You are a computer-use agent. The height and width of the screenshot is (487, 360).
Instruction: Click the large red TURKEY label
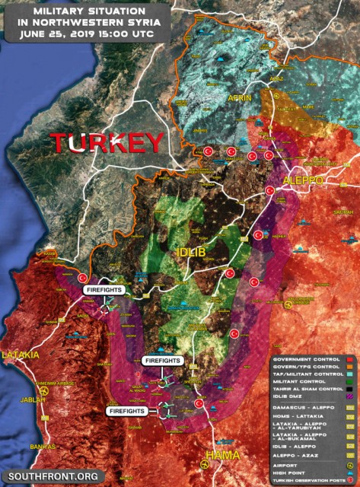point(107,142)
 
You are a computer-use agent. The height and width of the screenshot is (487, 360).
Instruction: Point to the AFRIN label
point(238,98)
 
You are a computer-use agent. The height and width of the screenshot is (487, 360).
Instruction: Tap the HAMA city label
point(221,455)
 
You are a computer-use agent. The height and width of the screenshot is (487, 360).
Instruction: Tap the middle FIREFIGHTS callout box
point(162,359)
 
